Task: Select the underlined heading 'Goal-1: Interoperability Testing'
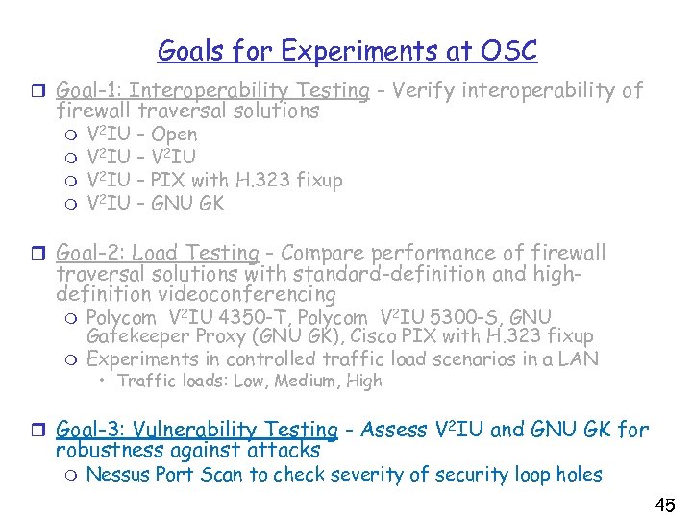[212, 91]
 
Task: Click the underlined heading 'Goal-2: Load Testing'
[158, 253]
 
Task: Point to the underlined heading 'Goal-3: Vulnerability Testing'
[197, 430]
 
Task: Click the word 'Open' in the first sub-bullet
[174, 135]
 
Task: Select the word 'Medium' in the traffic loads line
[308, 382]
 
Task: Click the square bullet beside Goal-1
[41, 91]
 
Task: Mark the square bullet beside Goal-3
[41, 430]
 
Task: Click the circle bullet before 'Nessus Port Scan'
[70, 474]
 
